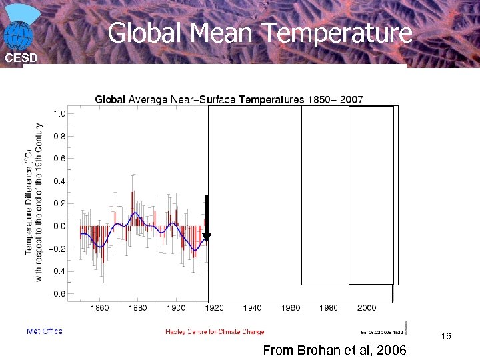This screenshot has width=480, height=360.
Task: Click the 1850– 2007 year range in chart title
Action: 335,99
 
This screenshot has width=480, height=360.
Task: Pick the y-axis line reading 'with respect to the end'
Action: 39,200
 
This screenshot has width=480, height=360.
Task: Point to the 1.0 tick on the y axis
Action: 59,113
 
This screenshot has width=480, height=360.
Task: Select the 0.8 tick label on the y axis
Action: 59,136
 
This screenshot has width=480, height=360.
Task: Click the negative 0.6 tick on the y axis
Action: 58,293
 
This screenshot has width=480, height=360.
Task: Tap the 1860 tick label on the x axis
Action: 99,308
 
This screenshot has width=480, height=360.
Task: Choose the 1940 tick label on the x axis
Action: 253,308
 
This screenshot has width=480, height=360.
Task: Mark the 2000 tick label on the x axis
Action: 367,308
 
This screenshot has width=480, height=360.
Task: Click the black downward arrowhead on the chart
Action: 207,237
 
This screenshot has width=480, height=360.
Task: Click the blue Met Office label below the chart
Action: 44,331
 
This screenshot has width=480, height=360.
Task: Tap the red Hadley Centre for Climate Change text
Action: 215,331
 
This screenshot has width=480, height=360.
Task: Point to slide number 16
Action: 446,337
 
